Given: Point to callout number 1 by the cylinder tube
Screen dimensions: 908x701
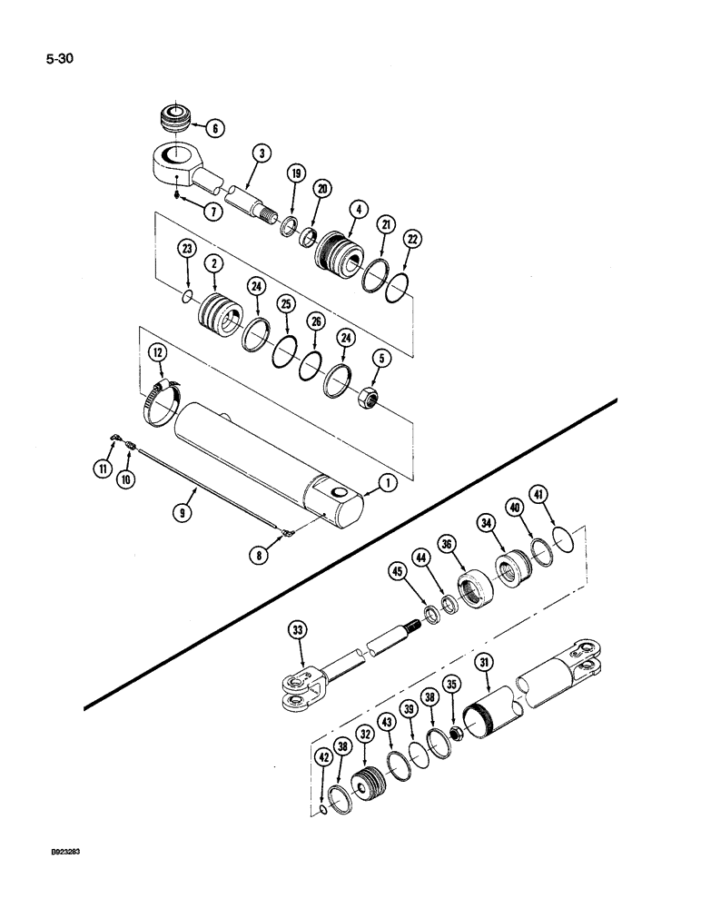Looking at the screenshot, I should [x=388, y=485].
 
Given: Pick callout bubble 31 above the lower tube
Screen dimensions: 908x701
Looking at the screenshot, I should [x=484, y=665].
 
